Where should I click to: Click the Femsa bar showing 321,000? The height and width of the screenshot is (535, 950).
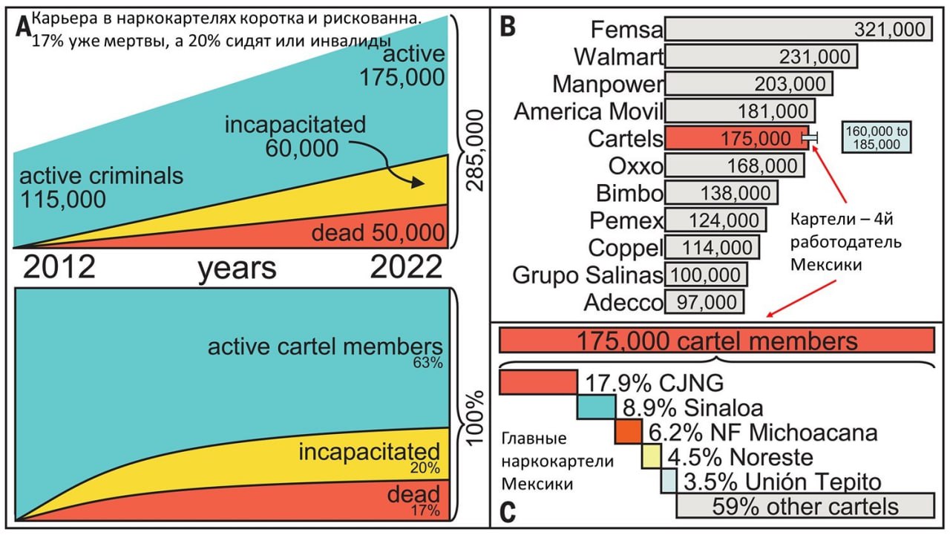pos(798,29)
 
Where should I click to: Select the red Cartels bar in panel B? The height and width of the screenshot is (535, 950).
pos(737,138)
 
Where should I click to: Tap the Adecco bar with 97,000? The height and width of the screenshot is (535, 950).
pos(704,302)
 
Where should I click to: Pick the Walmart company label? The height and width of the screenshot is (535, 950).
pos(618,56)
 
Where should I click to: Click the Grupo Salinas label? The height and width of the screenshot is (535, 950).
pos(587,275)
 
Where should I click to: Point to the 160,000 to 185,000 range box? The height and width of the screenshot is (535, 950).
pos(877,137)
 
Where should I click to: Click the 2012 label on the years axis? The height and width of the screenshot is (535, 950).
pos(59,267)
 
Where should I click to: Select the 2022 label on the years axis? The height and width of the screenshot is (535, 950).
pos(406,267)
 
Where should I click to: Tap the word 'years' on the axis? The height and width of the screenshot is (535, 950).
pos(237,269)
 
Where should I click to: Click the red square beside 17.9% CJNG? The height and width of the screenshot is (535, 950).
pos(538,382)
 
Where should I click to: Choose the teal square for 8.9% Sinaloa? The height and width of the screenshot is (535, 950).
pos(596,407)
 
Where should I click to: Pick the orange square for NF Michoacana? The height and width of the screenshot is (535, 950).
pos(629,432)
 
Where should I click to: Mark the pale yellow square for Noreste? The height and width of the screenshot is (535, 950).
pos(651,456)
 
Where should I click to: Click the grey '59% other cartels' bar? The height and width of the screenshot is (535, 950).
pos(805,505)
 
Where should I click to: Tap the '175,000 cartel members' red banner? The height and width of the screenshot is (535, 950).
pos(717,341)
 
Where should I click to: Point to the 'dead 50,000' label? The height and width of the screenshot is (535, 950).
pos(378,233)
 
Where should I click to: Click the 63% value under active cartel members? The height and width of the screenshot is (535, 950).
pos(427,363)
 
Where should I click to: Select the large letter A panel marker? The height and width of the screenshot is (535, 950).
pos(24,28)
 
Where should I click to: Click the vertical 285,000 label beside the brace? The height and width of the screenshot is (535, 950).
pos(474,151)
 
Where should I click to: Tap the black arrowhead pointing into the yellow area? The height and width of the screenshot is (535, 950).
pos(418,183)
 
